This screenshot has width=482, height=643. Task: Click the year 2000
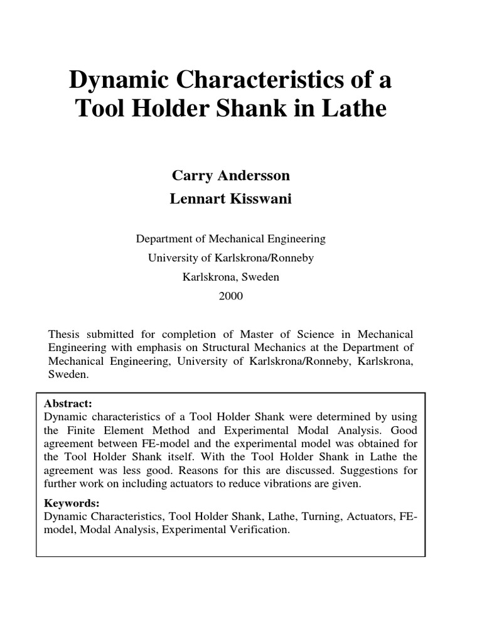coord(230,296)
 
